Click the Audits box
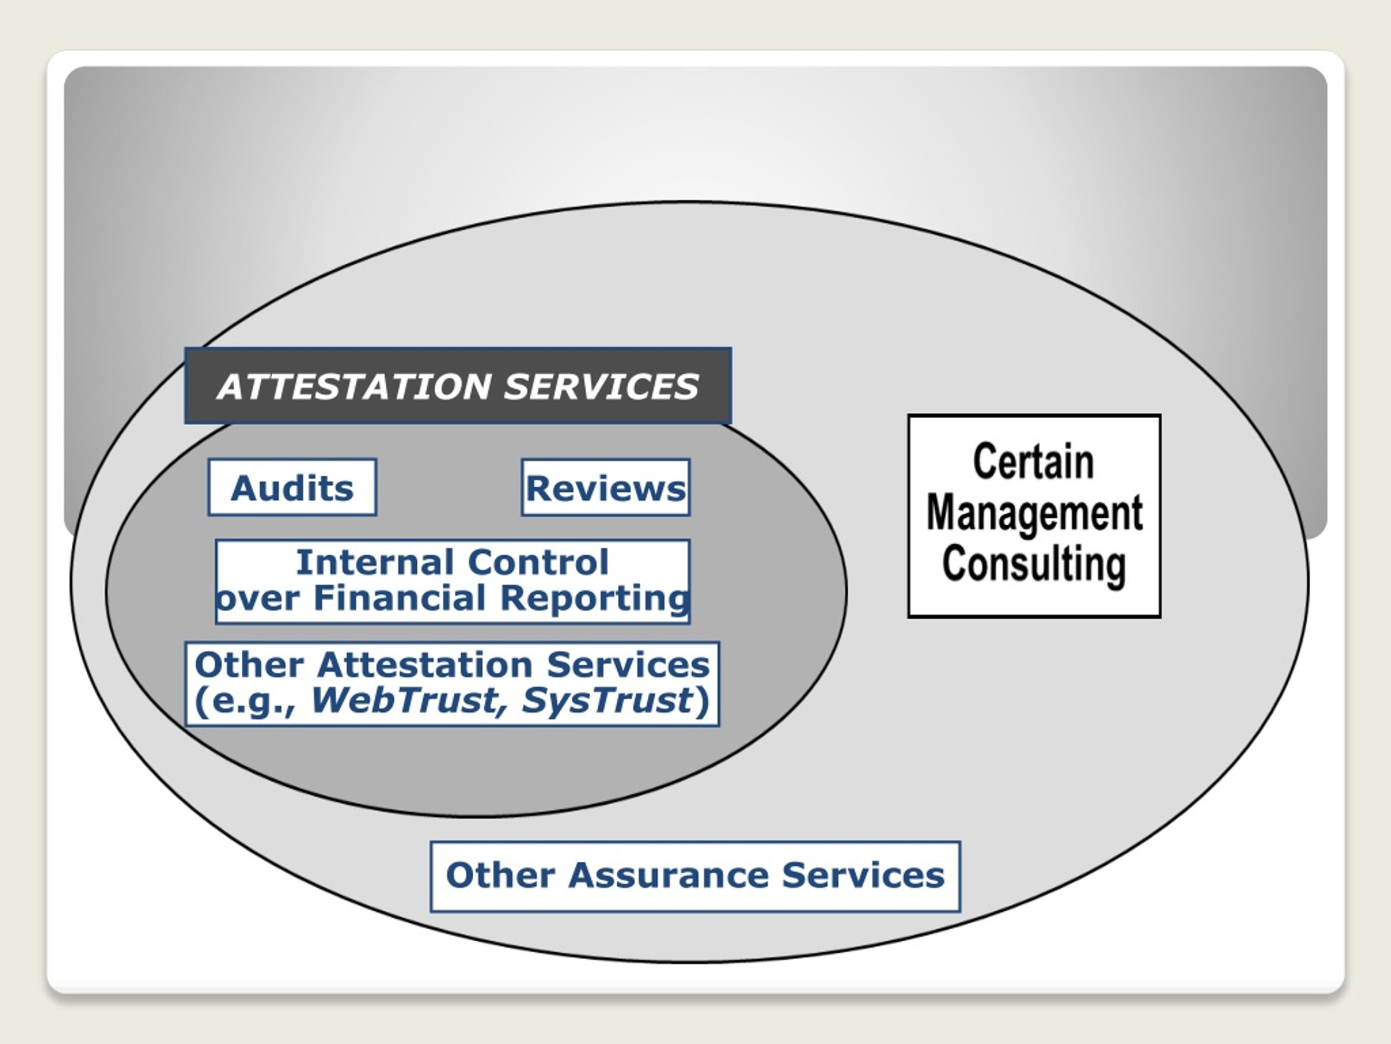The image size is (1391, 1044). pyautogui.click(x=292, y=487)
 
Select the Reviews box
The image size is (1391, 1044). pyautogui.click(x=606, y=488)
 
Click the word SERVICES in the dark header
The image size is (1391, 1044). pyautogui.click(x=601, y=387)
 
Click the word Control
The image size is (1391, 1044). pyautogui.click(x=538, y=561)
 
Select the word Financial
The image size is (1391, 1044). pyautogui.click(x=400, y=597)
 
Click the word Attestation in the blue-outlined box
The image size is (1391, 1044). pyautogui.click(x=425, y=664)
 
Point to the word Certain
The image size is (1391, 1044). pyautogui.click(x=1034, y=461)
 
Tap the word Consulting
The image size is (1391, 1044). pyautogui.click(x=1034, y=564)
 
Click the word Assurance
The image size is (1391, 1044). pyautogui.click(x=668, y=875)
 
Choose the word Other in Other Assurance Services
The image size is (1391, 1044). pyautogui.click(x=500, y=875)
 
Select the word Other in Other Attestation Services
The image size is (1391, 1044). pyautogui.click(x=249, y=664)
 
